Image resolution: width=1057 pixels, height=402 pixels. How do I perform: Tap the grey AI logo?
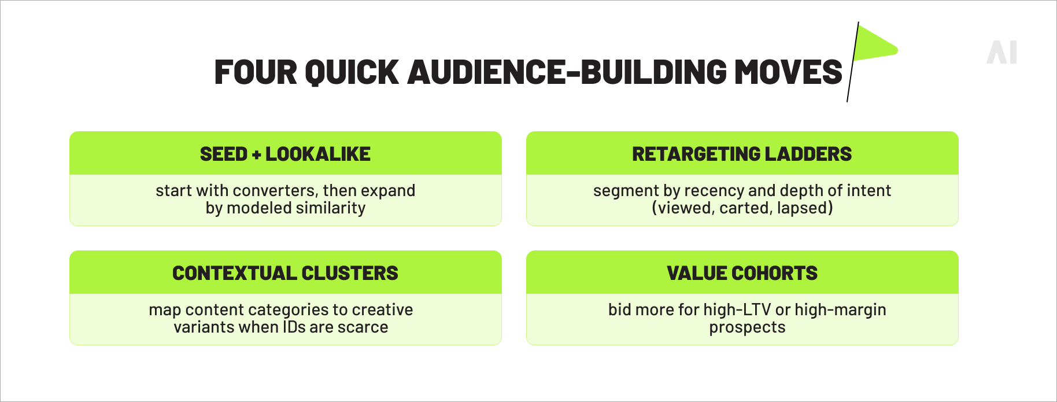click(x=1001, y=53)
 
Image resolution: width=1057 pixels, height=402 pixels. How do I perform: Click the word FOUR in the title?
click(x=254, y=72)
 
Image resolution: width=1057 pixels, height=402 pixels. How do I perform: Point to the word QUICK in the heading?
click(x=352, y=72)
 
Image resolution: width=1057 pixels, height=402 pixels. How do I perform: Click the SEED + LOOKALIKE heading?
click(x=285, y=154)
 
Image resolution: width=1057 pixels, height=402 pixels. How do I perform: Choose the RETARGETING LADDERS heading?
click(x=742, y=154)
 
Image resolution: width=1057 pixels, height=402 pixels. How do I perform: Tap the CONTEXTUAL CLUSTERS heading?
click(x=285, y=273)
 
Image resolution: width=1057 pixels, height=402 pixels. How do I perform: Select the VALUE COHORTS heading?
click(x=742, y=273)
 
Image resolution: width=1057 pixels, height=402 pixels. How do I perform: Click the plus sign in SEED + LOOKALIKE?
click(x=256, y=154)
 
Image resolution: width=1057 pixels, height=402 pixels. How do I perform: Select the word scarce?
click(x=363, y=327)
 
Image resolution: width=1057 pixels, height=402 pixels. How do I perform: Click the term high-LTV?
click(x=737, y=310)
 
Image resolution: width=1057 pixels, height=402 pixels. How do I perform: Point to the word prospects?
click(x=747, y=328)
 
